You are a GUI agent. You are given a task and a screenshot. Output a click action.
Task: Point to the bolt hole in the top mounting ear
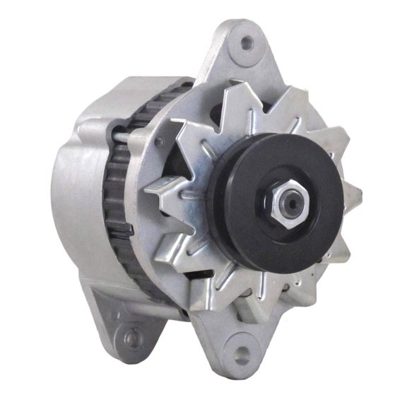[246, 43]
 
